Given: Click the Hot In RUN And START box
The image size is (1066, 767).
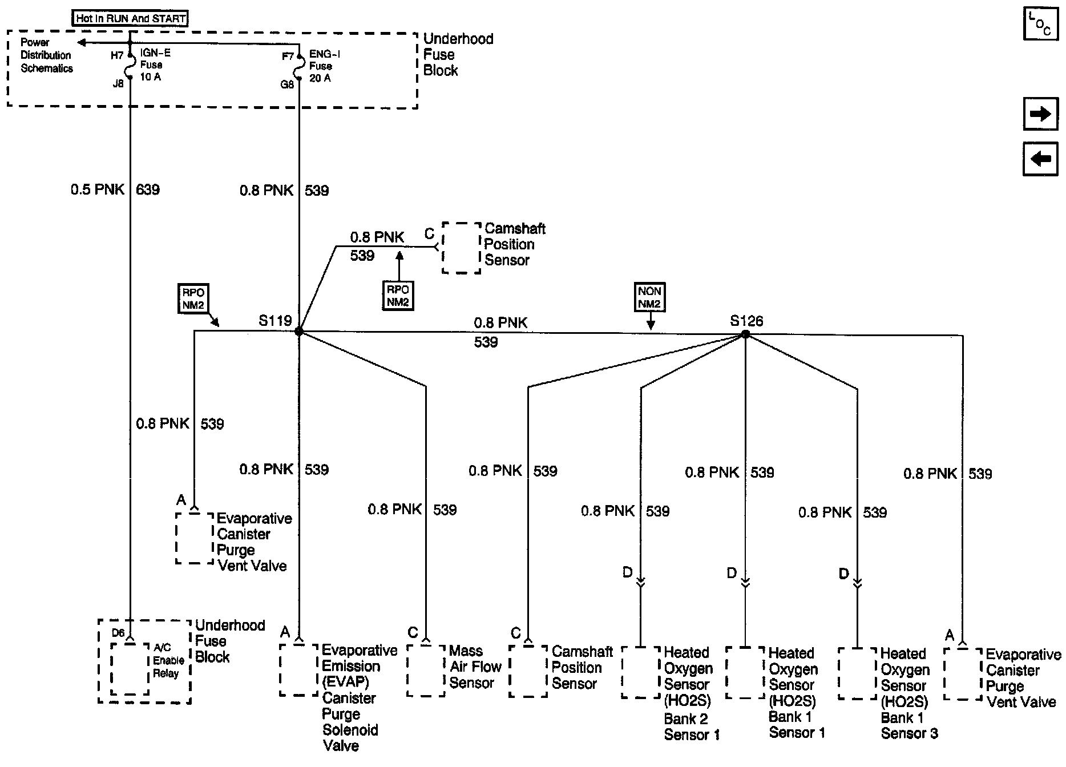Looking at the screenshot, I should click(x=131, y=18).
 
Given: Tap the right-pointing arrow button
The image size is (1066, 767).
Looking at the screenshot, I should click(x=1040, y=114).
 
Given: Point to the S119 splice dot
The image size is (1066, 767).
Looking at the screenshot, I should click(x=298, y=332).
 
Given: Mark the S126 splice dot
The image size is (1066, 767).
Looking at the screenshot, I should click(x=745, y=334).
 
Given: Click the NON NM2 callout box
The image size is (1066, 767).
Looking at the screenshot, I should click(x=650, y=298).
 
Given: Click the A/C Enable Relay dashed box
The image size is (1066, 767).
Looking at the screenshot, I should click(x=130, y=669).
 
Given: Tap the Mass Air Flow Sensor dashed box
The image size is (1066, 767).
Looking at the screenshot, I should click(x=426, y=671).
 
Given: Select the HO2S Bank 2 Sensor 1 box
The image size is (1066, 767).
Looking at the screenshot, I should click(x=640, y=672).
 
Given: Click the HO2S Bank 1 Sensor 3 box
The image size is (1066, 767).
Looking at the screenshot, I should click(x=857, y=673).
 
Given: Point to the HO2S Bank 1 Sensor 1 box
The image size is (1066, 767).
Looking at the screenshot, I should click(x=745, y=672).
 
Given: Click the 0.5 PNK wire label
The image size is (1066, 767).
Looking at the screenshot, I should click(x=98, y=189).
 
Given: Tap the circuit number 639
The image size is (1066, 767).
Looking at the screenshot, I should click(x=148, y=189).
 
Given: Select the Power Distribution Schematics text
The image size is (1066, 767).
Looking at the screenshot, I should click(x=46, y=55).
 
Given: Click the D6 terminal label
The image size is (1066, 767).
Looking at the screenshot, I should click(x=118, y=632).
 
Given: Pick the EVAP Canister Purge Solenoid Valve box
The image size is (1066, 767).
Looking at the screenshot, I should click(x=298, y=670).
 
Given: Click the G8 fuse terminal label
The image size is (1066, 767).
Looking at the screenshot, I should click(x=287, y=84).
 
